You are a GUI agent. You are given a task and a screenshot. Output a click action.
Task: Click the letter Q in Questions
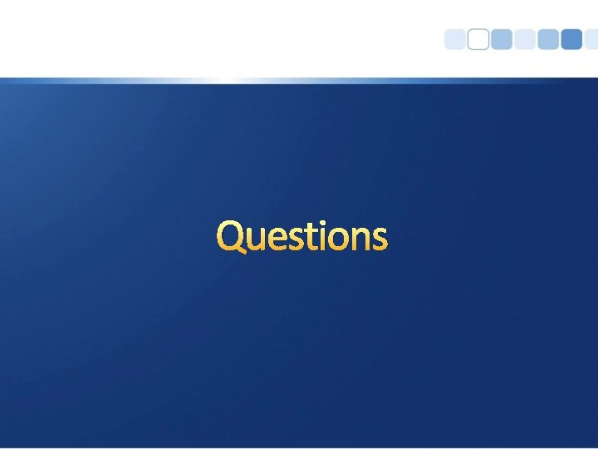point(232,236)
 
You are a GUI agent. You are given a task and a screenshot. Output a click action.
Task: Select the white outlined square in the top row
point(478,40)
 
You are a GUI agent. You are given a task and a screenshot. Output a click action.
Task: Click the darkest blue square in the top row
point(571,40)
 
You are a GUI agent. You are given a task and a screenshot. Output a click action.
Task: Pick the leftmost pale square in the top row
point(455,40)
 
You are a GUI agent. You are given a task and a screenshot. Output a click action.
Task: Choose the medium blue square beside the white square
point(502,40)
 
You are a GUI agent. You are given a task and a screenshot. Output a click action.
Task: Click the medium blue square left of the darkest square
point(548,40)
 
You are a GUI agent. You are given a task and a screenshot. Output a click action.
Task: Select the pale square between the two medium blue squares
point(525,40)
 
